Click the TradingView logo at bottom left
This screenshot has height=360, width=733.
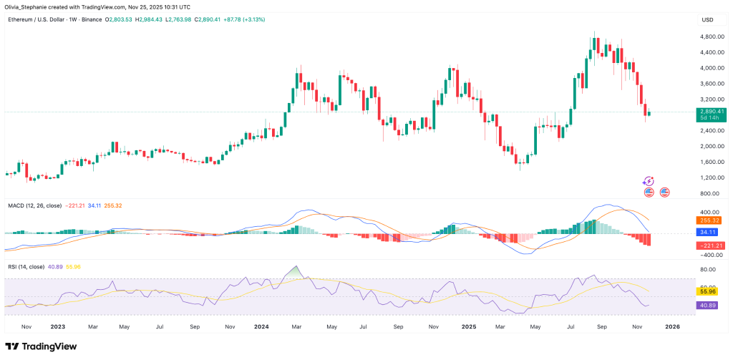[x=44, y=345]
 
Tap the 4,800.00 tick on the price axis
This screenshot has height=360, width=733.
[x=710, y=37]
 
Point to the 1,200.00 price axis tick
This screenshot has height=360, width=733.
[x=710, y=177]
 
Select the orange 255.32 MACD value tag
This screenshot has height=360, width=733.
[x=710, y=221]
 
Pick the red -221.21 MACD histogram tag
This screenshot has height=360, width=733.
[x=710, y=245]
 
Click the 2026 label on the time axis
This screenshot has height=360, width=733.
[x=672, y=326]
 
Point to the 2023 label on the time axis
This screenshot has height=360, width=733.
[x=57, y=326]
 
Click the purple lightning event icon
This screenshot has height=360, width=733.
[x=649, y=181]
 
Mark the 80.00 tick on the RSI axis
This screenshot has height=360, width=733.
[x=709, y=270]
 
